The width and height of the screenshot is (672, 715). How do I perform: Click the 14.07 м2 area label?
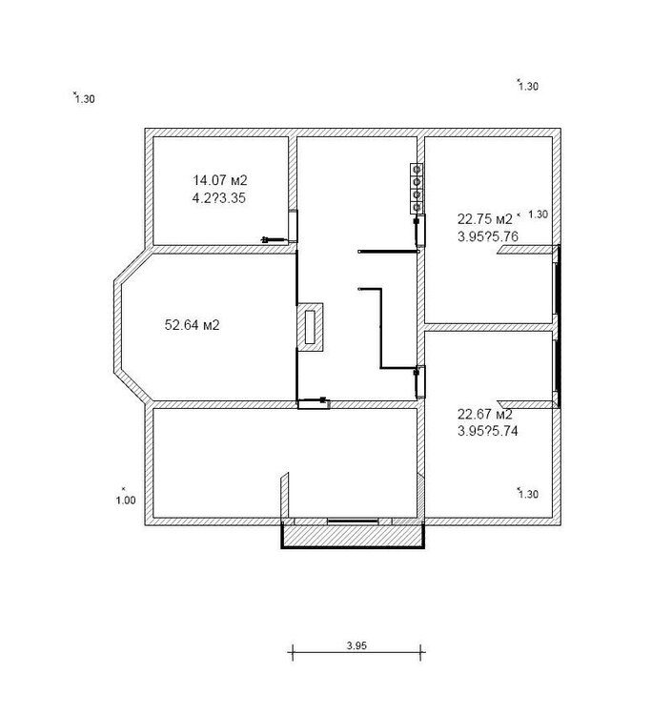point(220,180)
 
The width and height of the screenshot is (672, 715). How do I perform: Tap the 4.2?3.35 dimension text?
point(219,198)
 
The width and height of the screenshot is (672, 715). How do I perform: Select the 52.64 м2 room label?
point(192,325)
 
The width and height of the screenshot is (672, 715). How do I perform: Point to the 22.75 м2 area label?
point(485,219)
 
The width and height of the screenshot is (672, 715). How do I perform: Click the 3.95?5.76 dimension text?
point(488,236)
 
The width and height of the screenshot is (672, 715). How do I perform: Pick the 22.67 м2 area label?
point(484,414)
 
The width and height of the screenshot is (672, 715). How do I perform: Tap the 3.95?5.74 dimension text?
point(488,431)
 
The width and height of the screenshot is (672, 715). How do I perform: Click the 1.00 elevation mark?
point(126,500)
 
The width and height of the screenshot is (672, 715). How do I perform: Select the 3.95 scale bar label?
point(356,645)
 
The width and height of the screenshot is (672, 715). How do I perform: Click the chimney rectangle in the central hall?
point(311,327)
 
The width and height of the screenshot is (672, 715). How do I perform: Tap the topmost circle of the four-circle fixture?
point(416,170)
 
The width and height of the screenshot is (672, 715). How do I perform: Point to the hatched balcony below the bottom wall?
point(353,536)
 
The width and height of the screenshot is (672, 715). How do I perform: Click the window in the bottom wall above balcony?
point(353,521)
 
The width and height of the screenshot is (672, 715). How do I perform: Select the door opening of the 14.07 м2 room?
point(293,226)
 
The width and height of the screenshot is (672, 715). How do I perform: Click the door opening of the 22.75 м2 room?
point(420,231)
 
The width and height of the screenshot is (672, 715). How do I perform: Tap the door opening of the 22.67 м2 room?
point(420,382)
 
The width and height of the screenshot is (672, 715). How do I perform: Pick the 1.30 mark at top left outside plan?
point(85,99)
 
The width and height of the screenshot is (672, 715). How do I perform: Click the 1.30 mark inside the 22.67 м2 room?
point(528,494)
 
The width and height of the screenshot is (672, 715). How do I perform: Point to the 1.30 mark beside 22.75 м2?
point(538,214)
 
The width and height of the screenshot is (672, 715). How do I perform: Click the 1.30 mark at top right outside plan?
point(528,86)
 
